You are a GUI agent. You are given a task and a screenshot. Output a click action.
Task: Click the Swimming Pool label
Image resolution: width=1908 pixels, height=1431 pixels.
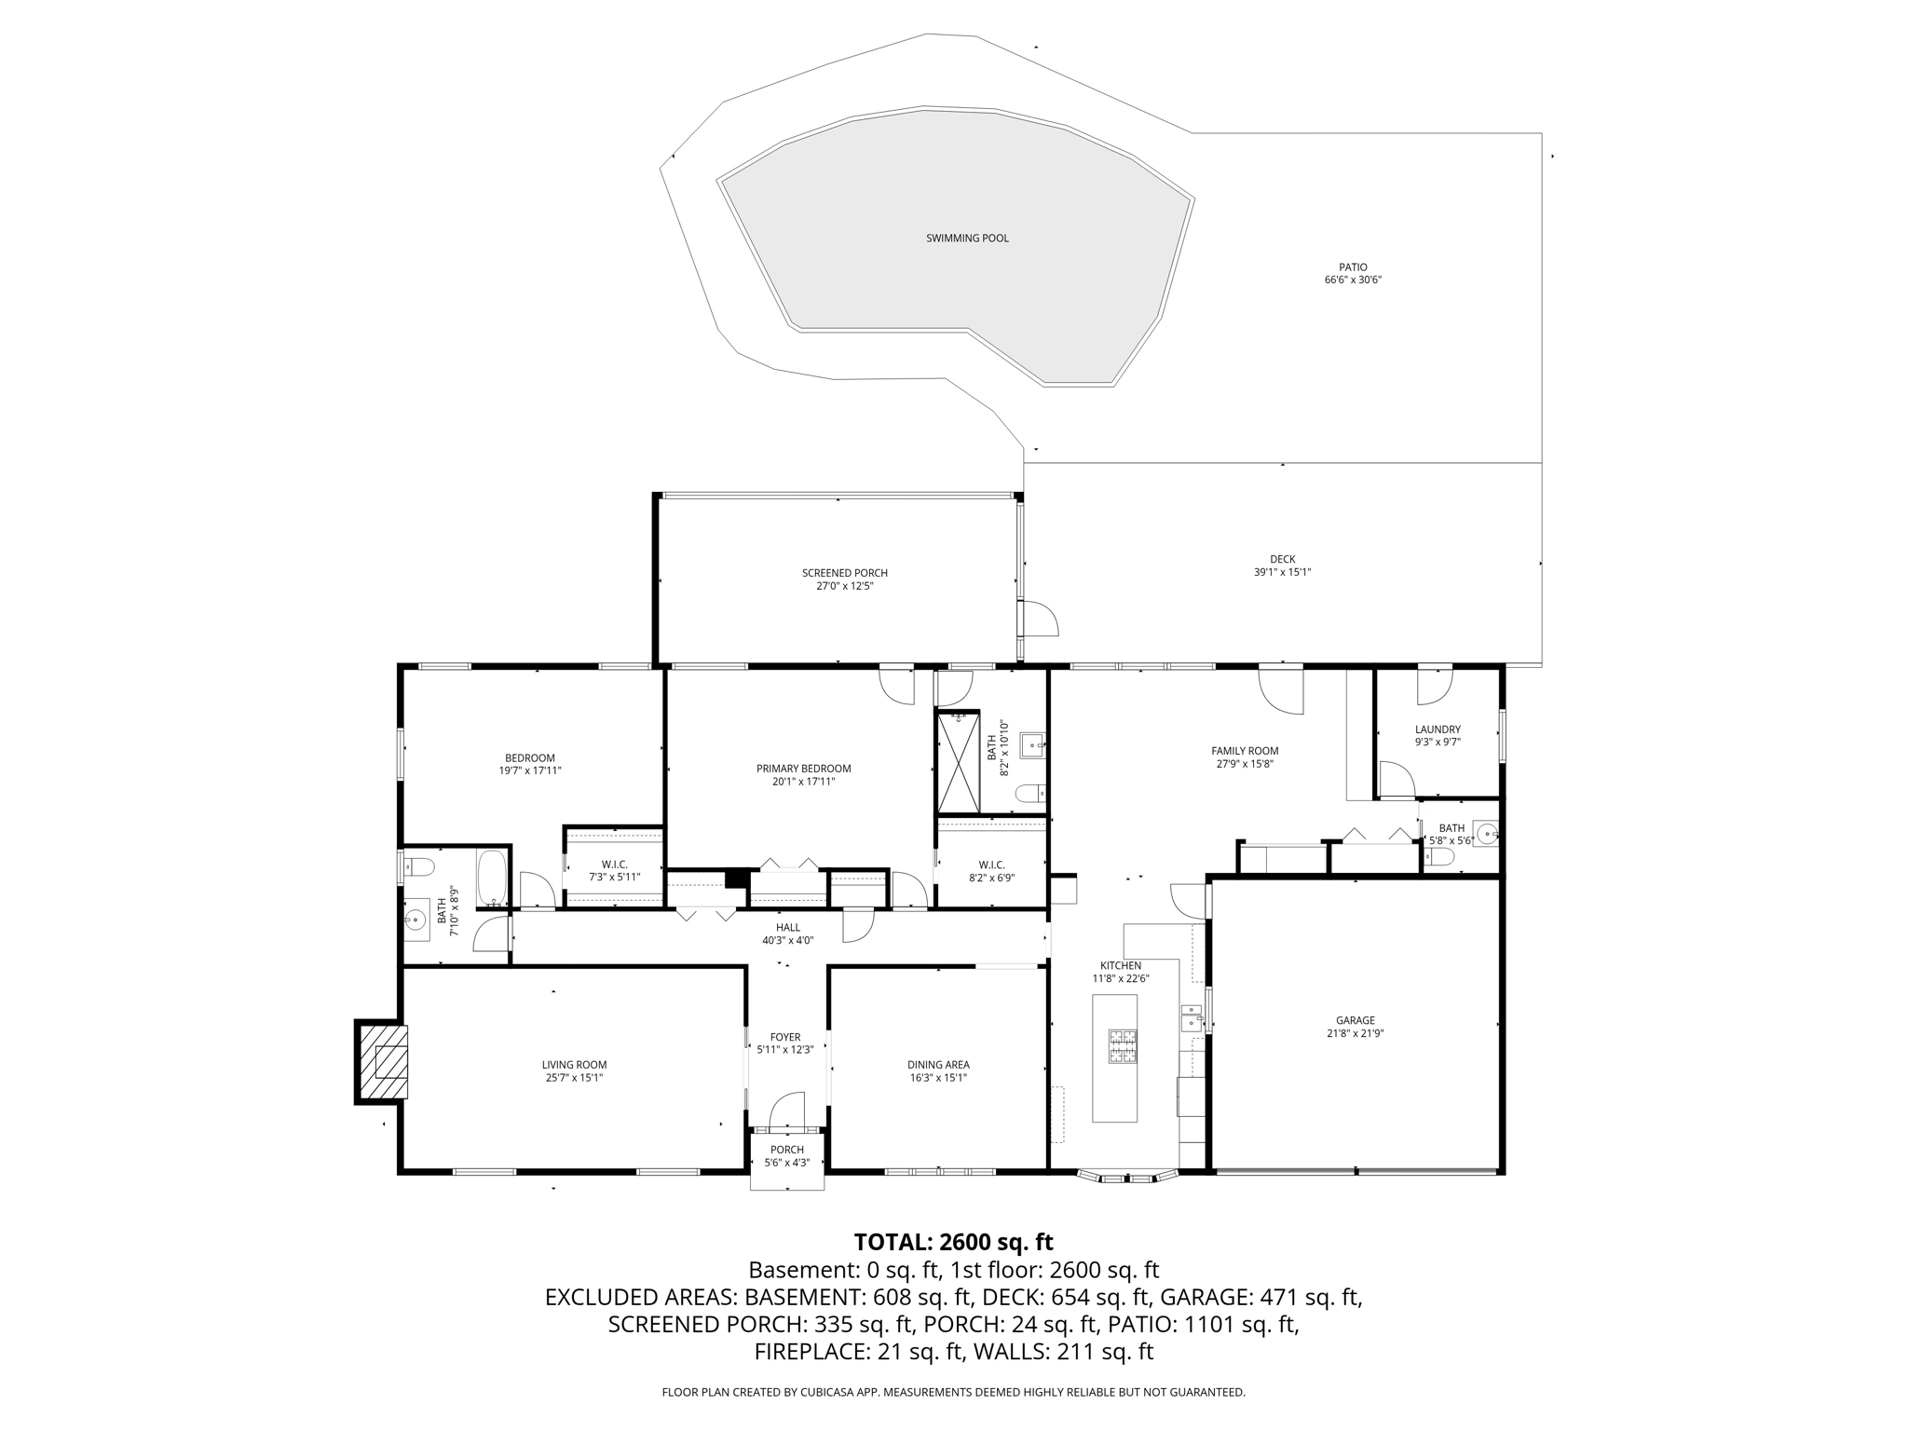tap(967, 238)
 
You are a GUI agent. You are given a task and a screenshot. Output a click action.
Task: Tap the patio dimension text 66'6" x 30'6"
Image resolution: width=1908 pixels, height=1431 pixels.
tap(1353, 279)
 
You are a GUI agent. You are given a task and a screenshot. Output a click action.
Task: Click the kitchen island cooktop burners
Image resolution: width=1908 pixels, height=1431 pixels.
tap(1122, 1045)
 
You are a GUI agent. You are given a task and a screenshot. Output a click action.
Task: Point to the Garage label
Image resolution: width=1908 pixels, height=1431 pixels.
tap(1355, 1020)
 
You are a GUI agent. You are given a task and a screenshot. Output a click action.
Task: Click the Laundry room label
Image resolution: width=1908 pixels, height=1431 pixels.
tap(1437, 729)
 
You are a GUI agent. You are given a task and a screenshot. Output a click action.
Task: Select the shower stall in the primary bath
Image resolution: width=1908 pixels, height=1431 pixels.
tap(959, 762)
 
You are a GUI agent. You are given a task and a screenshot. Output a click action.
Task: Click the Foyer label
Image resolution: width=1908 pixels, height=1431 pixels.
tap(784, 1037)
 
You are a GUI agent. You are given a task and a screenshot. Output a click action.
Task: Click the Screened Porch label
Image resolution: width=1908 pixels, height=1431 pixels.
tap(844, 573)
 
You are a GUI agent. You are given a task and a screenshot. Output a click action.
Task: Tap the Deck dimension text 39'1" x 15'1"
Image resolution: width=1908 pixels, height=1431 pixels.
tap(1282, 572)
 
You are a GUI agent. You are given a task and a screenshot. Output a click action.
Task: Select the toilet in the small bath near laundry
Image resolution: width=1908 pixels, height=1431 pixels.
tap(1439, 855)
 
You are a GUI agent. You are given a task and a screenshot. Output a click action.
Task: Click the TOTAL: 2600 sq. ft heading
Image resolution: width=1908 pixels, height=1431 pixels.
tap(953, 1242)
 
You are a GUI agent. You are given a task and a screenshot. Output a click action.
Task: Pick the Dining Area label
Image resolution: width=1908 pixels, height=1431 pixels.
tap(938, 1065)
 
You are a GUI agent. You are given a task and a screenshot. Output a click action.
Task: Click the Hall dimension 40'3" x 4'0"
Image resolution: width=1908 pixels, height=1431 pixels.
tap(787, 940)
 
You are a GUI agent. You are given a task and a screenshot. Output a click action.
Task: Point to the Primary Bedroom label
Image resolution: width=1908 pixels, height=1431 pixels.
tap(803, 769)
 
